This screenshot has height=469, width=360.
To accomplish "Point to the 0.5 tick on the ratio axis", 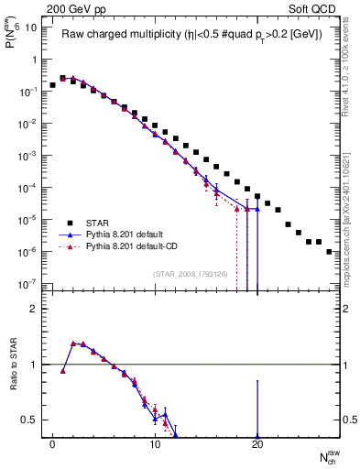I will pos(29,420).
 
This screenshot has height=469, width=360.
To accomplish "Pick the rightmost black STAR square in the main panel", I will pos(328,251).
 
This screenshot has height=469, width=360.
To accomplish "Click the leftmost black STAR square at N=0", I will pos(53,85).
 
